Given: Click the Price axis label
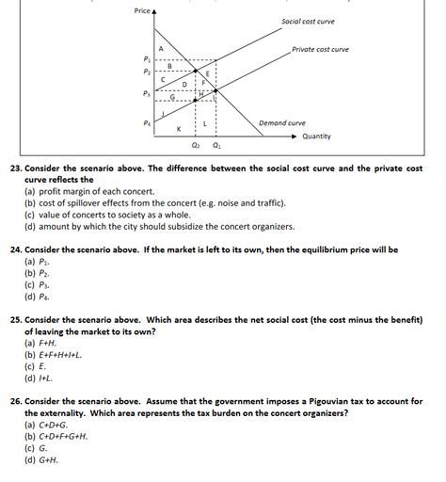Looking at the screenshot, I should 142,10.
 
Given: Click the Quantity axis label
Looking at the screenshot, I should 316,136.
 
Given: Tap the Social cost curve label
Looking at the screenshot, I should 308,21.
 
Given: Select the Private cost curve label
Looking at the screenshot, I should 320,49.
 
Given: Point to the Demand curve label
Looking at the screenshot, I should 282,122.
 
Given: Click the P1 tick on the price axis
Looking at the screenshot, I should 146,58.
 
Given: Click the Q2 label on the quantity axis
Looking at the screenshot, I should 196,146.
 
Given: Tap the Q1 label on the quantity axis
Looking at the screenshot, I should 217,146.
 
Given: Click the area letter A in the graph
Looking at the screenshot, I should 161,48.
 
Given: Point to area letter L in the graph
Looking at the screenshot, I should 205,123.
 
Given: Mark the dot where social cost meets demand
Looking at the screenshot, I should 196,71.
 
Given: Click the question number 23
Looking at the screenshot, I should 15,167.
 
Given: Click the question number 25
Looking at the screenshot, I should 15,319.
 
